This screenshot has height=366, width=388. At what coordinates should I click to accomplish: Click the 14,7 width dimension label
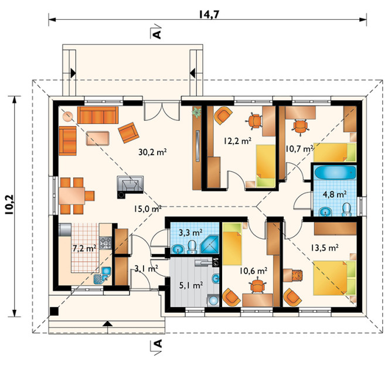tap(209, 15)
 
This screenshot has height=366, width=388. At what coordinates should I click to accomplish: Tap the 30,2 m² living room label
tap(152, 152)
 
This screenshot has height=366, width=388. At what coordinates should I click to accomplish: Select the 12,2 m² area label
tap(237, 141)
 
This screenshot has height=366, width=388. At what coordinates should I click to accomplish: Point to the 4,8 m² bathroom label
tap(335, 194)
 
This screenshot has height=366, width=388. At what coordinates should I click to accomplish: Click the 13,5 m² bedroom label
tap(325, 248)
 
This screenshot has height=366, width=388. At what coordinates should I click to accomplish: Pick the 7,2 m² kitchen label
tap(84, 248)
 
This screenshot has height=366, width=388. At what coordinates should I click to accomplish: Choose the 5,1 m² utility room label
tap(191, 286)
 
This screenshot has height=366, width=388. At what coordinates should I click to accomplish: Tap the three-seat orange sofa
tap(98, 115)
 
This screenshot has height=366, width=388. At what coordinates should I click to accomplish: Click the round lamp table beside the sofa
tap(67, 116)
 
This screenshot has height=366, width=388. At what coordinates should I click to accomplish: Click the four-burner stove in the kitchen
tap(105, 242)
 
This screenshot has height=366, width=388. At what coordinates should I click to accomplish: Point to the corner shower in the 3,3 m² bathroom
tap(210, 245)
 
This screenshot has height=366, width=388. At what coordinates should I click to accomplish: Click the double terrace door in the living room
tap(162, 111)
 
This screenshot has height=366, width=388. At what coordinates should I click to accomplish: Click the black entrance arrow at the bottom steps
tap(107, 323)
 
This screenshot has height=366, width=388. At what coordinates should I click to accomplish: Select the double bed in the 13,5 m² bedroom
tap(334, 278)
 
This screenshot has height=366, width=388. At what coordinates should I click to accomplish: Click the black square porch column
tap(54, 311)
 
